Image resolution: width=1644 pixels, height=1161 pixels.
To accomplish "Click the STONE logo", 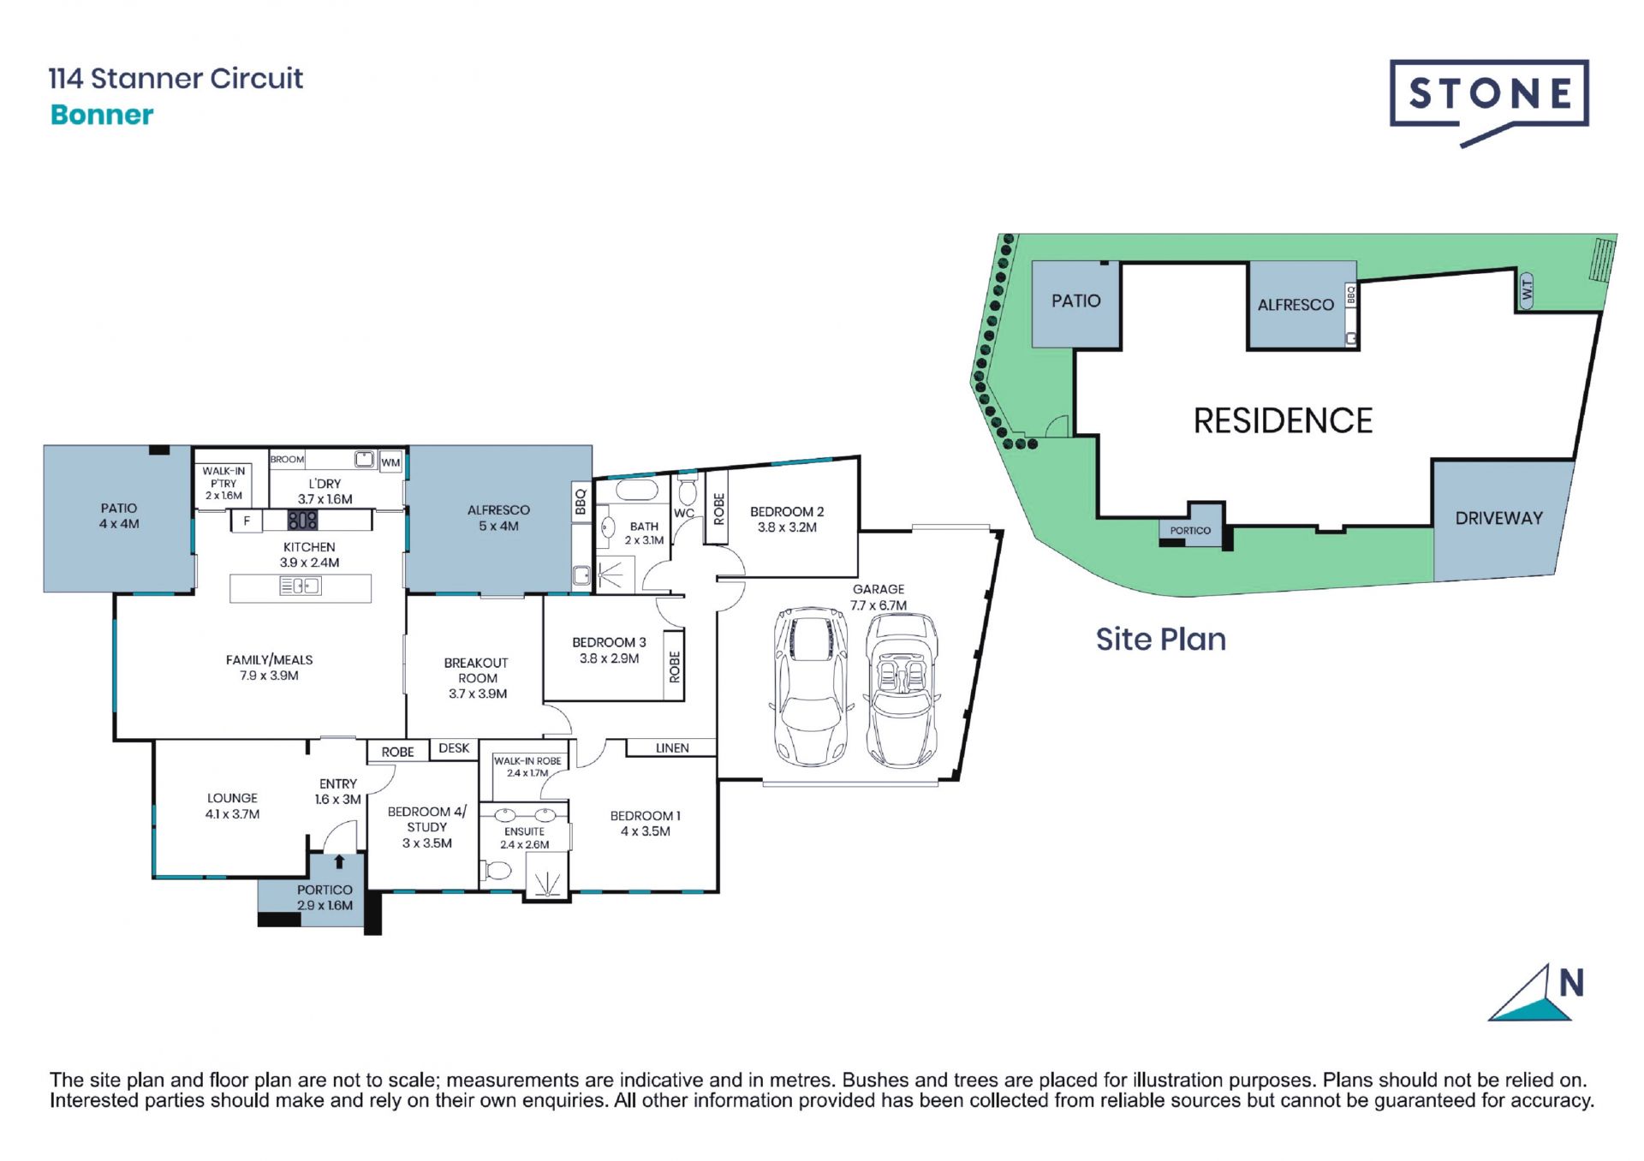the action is [1489, 102].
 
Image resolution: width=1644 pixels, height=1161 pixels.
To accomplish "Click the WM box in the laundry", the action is [390, 462].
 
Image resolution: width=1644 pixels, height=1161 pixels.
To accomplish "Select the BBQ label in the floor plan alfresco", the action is [581, 502].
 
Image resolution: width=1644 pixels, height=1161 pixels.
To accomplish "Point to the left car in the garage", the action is [811, 688].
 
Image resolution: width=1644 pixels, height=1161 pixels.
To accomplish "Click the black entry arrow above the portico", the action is [339, 861].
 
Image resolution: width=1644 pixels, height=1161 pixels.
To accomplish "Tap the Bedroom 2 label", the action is [787, 520].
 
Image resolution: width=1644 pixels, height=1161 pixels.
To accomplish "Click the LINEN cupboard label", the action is [672, 748].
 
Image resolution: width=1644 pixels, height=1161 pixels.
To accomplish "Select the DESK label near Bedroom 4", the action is [454, 748].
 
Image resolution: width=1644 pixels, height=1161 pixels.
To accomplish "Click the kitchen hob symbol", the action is [302, 520].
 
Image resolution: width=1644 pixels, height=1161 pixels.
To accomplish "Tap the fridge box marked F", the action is [247, 521].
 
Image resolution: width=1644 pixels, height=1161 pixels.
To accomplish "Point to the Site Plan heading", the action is [1161, 640].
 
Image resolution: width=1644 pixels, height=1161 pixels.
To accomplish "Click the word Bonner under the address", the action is [102, 115].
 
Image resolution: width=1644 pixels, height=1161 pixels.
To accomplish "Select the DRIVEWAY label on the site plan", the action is [1498, 518].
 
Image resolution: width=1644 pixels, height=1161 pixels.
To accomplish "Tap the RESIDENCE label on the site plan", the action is [1283, 420].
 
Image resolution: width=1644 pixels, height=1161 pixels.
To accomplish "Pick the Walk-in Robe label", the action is [527, 766].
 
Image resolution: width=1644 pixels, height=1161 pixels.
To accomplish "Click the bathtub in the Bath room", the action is [634, 491].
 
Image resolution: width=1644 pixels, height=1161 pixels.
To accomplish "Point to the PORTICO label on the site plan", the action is [1190, 531].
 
